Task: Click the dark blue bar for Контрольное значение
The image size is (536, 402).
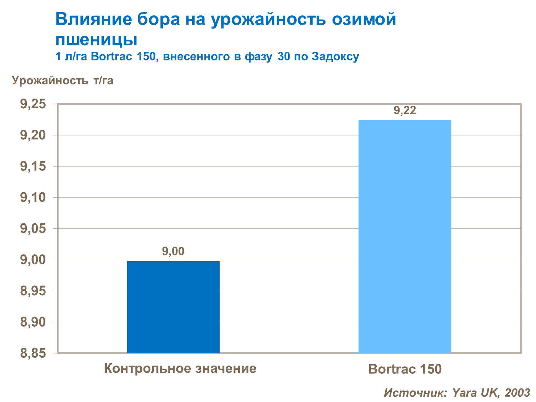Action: pyautogui.click(x=173, y=307)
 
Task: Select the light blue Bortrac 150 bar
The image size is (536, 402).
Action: pyautogui.click(x=405, y=236)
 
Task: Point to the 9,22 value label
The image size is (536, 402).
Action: pyautogui.click(x=405, y=111)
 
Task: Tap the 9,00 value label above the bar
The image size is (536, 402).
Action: pyautogui.click(x=173, y=252)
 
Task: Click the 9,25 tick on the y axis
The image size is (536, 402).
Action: pyautogui.click(x=33, y=104)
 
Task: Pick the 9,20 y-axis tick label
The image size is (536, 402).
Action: pyautogui.click(x=33, y=135)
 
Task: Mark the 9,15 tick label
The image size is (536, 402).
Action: pyautogui.click(x=33, y=167)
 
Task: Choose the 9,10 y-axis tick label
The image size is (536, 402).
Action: pyautogui.click(x=33, y=198)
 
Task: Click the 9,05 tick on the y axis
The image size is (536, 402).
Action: pyautogui.click(x=33, y=229)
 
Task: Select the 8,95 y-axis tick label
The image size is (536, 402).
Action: pyautogui.click(x=33, y=291)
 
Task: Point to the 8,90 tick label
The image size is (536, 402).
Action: pyautogui.click(x=33, y=322)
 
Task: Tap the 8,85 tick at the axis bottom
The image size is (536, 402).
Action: pyautogui.click(x=33, y=353)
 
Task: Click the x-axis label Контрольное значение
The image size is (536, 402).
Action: pyautogui.click(x=180, y=368)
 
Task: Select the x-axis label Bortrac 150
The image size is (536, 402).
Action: pyautogui.click(x=405, y=369)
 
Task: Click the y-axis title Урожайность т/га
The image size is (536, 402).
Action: pyautogui.click(x=63, y=80)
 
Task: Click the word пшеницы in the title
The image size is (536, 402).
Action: pyautogui.click(x=96, y=40)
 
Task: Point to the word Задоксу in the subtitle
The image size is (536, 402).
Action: pyautogui.click(x=335, y=57)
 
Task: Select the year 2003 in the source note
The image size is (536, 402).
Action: pyautogui.click(x=517, y=393)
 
